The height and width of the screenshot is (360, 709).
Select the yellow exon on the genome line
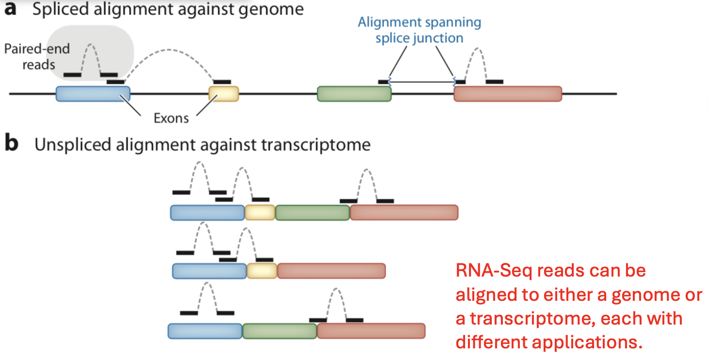(224, 94)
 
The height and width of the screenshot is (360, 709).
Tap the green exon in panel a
(354, 94)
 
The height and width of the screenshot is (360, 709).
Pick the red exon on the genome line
(507, 94)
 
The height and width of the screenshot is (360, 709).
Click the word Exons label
(171, 118)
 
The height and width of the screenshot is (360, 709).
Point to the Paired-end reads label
(37, 56)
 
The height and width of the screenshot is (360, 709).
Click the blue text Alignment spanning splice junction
(419, 30)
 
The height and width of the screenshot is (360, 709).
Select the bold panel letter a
(11, 10)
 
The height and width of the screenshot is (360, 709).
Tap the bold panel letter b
(11, 145)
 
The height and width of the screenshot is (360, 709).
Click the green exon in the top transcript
(312, 213)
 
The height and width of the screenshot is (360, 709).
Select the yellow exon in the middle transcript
(262, 271)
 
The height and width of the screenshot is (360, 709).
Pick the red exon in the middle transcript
(331, 271)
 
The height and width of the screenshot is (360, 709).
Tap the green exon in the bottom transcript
(279, 331)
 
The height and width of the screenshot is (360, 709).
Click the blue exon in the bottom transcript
(205, 331)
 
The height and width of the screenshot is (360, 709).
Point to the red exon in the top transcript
(403, 213)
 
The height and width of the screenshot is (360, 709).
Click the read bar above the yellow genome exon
(222, 82)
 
